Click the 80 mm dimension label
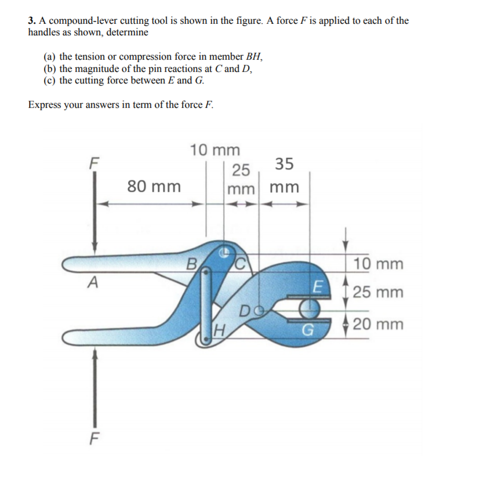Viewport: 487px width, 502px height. [x=154, y=187]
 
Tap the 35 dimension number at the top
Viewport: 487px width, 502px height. [x=284, y=164]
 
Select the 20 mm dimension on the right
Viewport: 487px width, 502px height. [x=377, y=324]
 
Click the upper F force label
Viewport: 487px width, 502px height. [x=91, y=161]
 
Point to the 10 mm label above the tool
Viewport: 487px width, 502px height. [x=215, y=150]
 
